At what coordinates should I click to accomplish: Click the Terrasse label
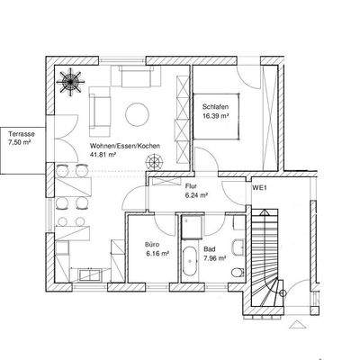tap(19, 131)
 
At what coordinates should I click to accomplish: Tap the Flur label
tap(192, 185)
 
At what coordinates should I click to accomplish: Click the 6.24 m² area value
tap(196, 193)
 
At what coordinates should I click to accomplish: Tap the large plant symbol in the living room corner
tap(69, 78)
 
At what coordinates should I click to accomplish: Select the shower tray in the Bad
tap(192, 228)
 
